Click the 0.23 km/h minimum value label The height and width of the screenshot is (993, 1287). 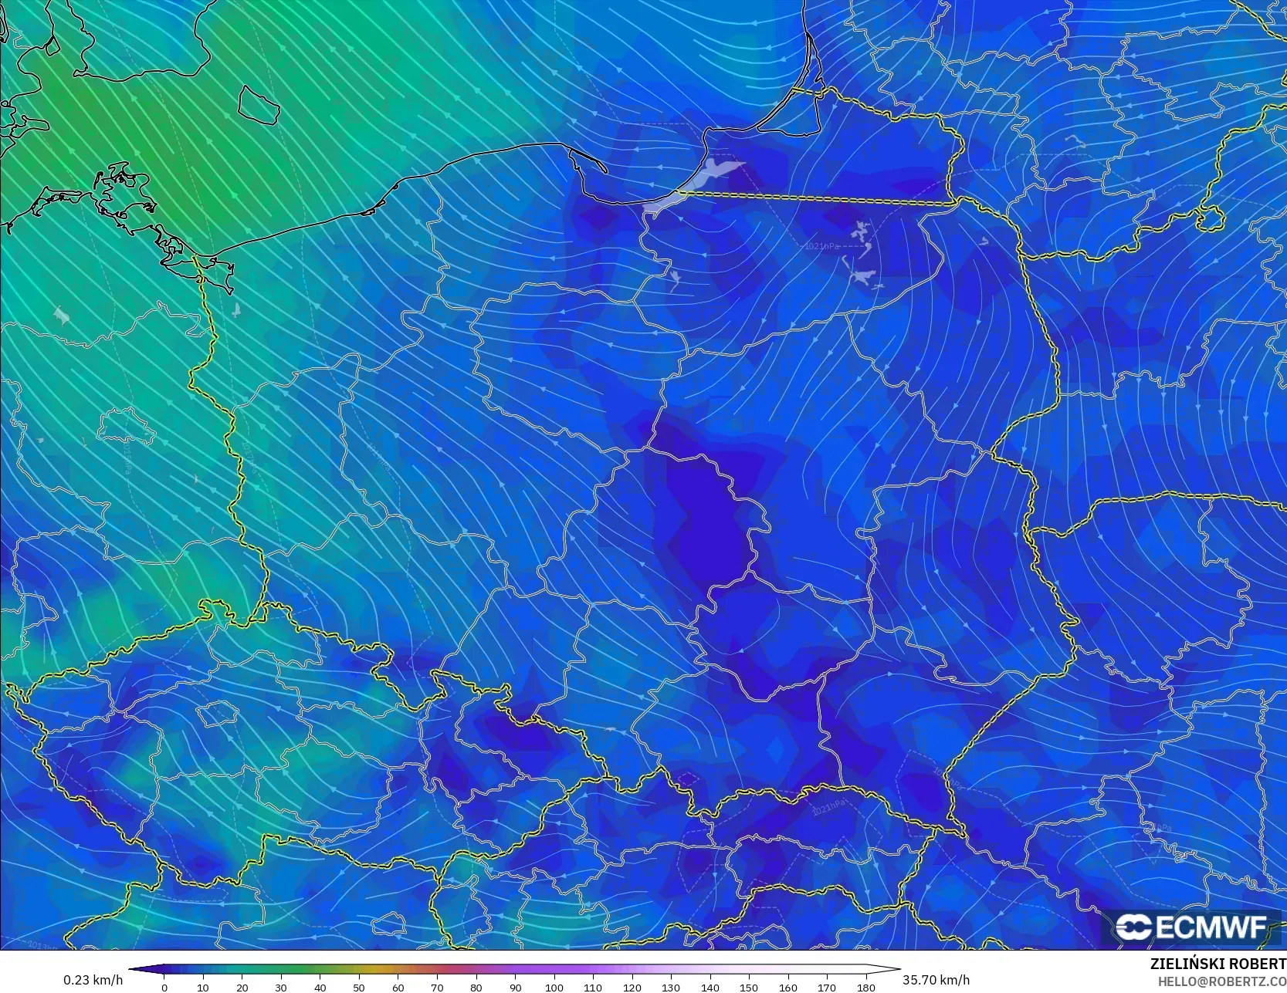pyautogui.click(x=93, y=980)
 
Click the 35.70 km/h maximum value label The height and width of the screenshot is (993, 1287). pyautogui.click(x=936, y=980)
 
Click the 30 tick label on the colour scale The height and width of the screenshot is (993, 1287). pyautogui.click(x=281, y=988)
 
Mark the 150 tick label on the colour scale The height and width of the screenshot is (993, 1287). pyautogui.click(x=749, y=988)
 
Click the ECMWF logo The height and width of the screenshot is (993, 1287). pyautogui.click(x=1191, y=927)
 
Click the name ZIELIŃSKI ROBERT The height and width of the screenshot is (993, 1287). pyautogui.click(x=1218, y=964)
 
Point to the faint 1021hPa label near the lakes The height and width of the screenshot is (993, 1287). pyautogui.click(x=821, y=246)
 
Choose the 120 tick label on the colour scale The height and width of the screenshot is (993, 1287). pyautogui.click(x=632, y=988)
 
